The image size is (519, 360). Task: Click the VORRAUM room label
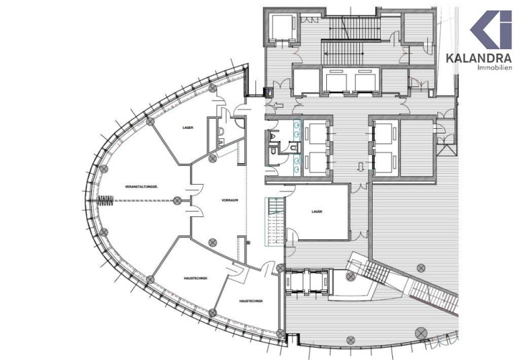pyautogui.click(x=230, y=200)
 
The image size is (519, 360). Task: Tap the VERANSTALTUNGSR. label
pyautogui.click(x=142, y=187)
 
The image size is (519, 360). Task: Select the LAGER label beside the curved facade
pyautogui.click(x=187, y=127)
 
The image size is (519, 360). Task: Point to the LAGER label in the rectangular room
pyautogui.click(x=317, y=211)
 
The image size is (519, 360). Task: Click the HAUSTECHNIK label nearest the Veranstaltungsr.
pyautogui.click(x=195, y=278)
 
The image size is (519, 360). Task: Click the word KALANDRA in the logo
pyautogui.click(x=479, y=58)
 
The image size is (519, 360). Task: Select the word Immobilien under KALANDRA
pyautogui.click(x=495, y=67)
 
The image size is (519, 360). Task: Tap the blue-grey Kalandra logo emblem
pyautogui.click(x=491, y=29)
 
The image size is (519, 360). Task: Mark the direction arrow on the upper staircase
pyautogui.click(x=344, y=53)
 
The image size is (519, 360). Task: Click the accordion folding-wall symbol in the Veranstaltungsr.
pyautogui.click(x=106, y=200)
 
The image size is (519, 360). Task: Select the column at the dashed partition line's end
pyautogui.click(x=177, y=200)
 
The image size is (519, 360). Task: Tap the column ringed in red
pyautogui.click(x=350, y=276)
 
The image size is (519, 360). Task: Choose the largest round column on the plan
pyautogui.click(x=421, y=332)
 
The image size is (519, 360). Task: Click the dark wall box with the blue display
pyautogui.click(x=268, y=92)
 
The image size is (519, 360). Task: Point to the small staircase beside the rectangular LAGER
pyautogui.click(x=274, y=222)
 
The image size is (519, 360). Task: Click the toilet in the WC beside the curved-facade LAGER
pyautogui.click(x=221, y=131)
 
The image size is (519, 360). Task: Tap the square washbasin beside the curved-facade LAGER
pyautogui.click(x=221, y=142)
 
